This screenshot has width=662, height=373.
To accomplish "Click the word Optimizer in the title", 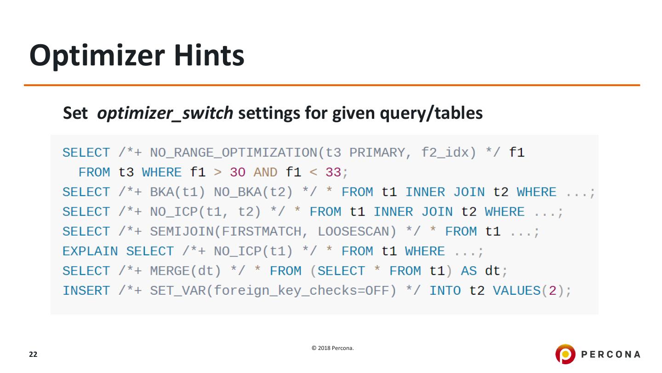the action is [x=97, y=56].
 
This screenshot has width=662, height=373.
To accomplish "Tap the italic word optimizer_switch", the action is [x=165, y=113].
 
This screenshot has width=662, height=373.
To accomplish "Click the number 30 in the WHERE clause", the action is [x=238, y=172].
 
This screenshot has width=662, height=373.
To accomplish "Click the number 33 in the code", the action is [x=333, y=172].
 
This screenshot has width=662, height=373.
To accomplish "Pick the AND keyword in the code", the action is [x=265, y=172].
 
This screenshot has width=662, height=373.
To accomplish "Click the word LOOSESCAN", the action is [x=353, y=232].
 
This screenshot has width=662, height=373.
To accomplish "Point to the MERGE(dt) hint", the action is [x=186, y=271].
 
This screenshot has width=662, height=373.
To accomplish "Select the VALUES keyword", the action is [x=516, y=291].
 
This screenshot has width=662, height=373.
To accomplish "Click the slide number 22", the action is [x=33, y=355].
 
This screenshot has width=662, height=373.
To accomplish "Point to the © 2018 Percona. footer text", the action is [x=333, y=348].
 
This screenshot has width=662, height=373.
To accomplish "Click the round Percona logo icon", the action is [x=565, y=354].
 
